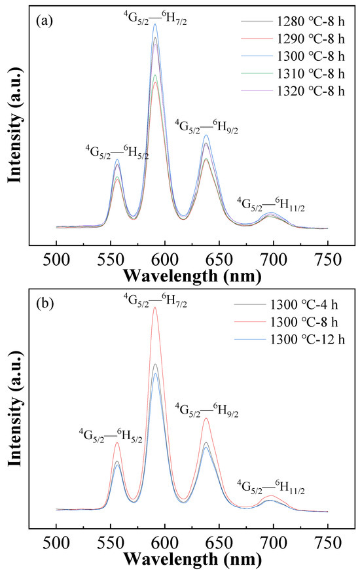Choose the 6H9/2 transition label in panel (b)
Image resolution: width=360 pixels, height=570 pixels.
coord(206,410)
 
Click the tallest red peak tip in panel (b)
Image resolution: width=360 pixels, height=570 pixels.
coord(155,307)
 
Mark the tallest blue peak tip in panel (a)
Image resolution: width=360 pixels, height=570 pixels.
coord(155,24)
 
